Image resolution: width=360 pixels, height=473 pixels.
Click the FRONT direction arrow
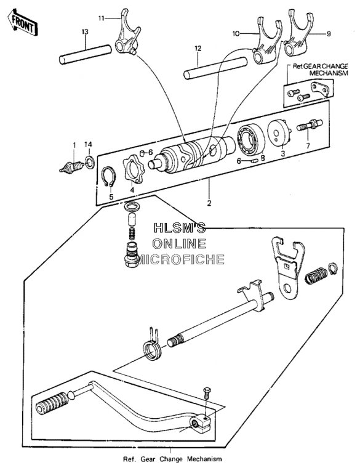point(23,22)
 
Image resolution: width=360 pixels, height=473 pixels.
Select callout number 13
point(85,31)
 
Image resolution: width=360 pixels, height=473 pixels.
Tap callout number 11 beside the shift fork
point(102,18)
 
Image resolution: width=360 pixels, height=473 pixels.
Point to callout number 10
point(236,33)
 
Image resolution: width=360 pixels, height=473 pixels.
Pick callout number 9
point(329,34)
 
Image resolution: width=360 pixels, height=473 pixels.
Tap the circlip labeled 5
point(108,177)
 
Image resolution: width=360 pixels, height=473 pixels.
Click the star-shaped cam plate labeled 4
point(134,169)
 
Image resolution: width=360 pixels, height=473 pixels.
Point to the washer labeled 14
point(90,162)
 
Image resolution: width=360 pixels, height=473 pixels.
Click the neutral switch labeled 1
point(71,168)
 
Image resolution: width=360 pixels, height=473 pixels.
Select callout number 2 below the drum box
point(209,203)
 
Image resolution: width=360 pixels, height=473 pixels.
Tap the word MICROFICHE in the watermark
point(180,259)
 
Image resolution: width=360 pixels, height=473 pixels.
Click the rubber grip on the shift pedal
point(52,403)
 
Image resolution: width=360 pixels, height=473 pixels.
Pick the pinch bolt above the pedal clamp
point(207,393)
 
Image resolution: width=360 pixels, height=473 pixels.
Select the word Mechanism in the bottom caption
point(204,459)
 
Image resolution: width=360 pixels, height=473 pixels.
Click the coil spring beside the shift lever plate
point(316,275)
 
